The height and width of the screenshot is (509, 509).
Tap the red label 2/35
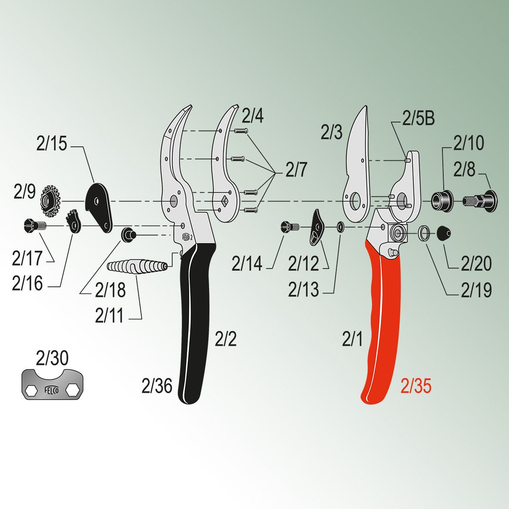[416, 386]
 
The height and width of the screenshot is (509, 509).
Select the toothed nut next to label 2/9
[50, 201]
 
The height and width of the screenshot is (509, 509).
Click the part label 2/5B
[419, 119]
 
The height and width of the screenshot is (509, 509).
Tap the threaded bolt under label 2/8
[480, 201]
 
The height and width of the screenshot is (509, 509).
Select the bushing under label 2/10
[442, 201]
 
